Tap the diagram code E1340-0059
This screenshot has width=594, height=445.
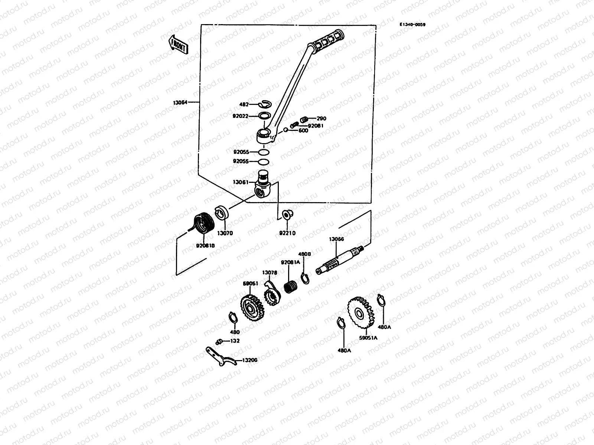pos(412,24)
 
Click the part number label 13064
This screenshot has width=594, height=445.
pos(180,102)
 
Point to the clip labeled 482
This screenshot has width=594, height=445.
pos(266,104)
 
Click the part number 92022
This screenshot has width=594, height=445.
pos(241,116)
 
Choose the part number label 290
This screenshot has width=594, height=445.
pos(322,119)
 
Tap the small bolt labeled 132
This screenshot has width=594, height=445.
pos(219,341)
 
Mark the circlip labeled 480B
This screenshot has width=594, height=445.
pos(304,278)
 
